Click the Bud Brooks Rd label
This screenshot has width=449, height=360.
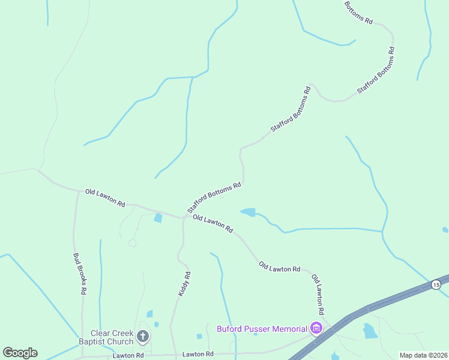pyautogui.click(x=79, y=273)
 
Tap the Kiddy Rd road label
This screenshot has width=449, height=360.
pyautogui.click(x=184, y=284)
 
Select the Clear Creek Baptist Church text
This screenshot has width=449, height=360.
pyautogui.click(x=112, y=337)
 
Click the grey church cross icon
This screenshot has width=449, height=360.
pyautogui.click(x=143, y=336)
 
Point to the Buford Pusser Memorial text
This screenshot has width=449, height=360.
pyautogui.click(x=261, y=328)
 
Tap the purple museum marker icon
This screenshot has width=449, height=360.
pyautogui.click(x=316, y=328)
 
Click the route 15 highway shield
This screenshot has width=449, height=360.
pyautogui.click(x=435, y=284)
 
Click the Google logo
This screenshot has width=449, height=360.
pyautogui.click(x=20, y=353)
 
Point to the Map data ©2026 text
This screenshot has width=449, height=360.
pyautogui.click(x=423, y=355)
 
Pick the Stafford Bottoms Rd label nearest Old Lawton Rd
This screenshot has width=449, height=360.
pyautogui.click(x=214, y=197)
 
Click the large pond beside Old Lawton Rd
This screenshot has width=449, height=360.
pyautogui.click(x=249, y=212)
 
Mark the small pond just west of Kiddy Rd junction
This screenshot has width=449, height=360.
pyautogui.click(x=158, y=218)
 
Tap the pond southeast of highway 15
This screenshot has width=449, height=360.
pyautogui.click(x=370, y=331)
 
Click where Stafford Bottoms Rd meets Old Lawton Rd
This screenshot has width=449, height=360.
pyautogui.click(x=184, y=217)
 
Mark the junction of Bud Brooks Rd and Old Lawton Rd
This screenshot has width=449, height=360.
pyautogui.click(x=78, y=192)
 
